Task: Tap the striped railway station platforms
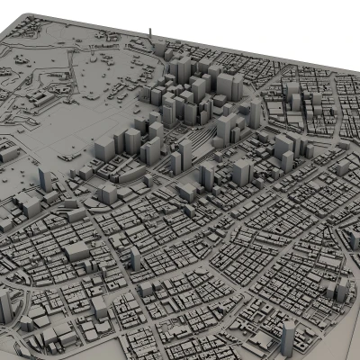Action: (200, 143)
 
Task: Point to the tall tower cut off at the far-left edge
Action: (4, 306)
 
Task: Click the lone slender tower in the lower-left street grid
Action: (136, 258)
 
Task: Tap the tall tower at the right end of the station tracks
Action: (241, 171)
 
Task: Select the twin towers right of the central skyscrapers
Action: (283, 148)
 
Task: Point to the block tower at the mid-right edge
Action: (341, 167)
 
